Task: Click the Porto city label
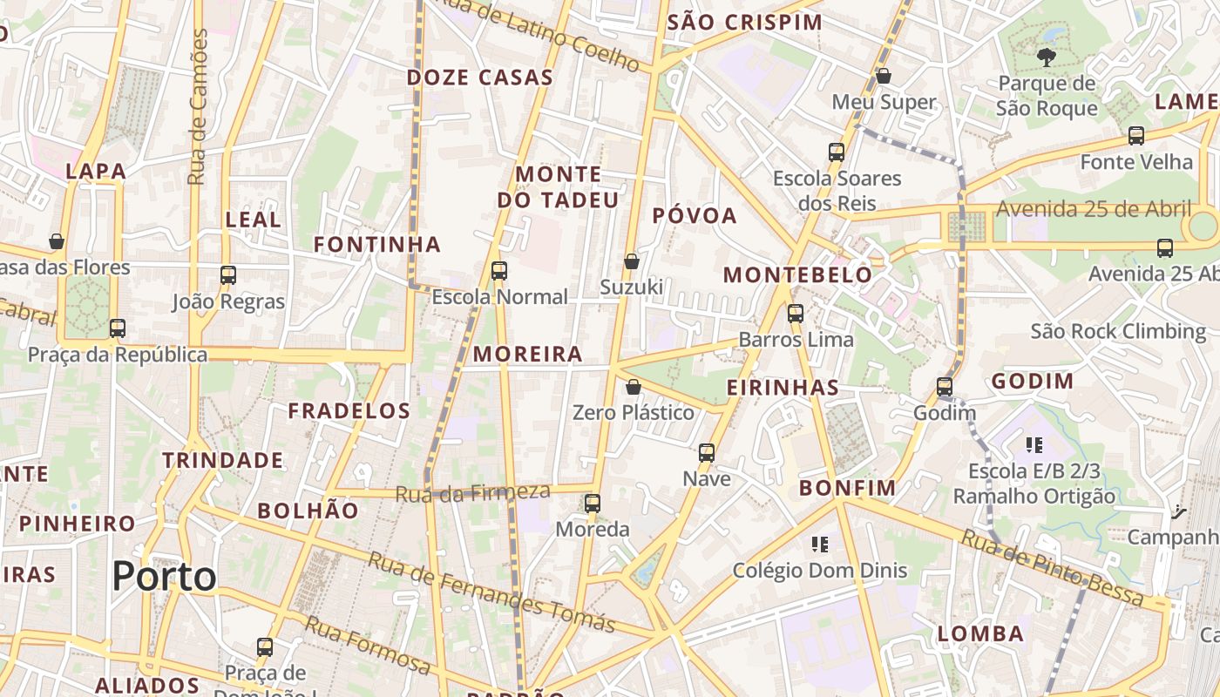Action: click(x=165, y=577)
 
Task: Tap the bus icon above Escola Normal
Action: click(x=499, y=271)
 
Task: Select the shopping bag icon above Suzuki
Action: click(x=632, y=261)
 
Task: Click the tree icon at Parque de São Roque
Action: click(x=1046, y=58)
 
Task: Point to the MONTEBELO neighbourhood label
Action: click(x=797, y=275)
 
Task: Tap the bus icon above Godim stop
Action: click(x=945, y=387)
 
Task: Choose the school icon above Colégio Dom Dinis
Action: click(x=819, y=545)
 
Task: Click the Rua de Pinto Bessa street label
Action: click(x=1053, y=567)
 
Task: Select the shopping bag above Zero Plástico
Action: click(x=634, y=386)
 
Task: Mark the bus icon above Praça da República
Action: click(x=118, y=328)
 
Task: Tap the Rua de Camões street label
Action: click(x=199, y=106)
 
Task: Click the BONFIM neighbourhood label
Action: click(x=847, y=488)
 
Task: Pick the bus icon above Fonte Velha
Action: click(x=1136, y=136)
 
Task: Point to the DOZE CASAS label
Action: click(x=480, y=78)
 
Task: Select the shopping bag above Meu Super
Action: click(x=884, y=76)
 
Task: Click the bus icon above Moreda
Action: click(x=593, y=503)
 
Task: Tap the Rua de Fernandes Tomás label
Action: click(x=491, y=592)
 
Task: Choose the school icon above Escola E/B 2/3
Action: click(x=1034, y=445)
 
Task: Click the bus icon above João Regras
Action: click(x=228, y=275)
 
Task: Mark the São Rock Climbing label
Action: click(x=1118, y=332)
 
